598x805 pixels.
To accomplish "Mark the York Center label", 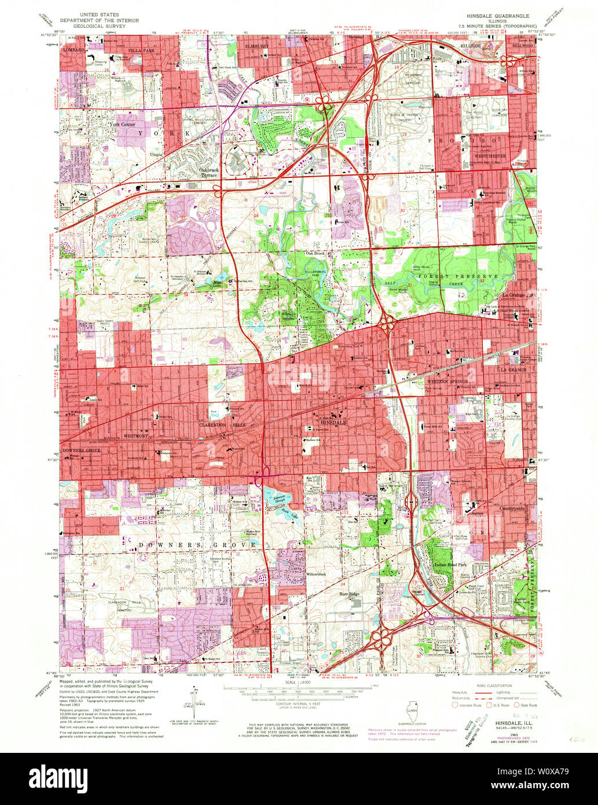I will (119, 123).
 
